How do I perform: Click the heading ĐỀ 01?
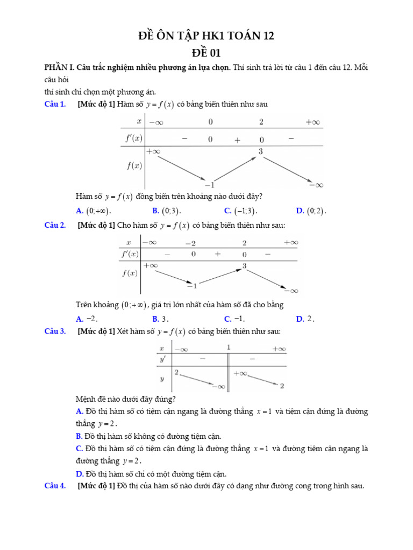pyautogui.click(x=206, y=53)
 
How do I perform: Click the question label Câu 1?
pyautogui.click(x=55, y=104)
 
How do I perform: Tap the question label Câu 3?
pyautogui.click(x=55, y=331)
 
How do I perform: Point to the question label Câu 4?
pyautogui.click(x=55, y=486)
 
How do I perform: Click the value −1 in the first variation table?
pyautogui.click(x=210, y=184)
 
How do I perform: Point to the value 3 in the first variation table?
pyautogui.click(x=261, y=151)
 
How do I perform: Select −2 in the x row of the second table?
pyautogui.click(x=190, y=243)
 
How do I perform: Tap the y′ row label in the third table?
pyautogui.click(x=162, y=358)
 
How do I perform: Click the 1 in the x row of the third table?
pyautogui.click(x=229, y=348)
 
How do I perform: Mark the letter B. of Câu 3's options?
pyautogui.click(x=79, y=436)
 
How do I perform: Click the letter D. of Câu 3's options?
pyautogui.click(x=79, y=474)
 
